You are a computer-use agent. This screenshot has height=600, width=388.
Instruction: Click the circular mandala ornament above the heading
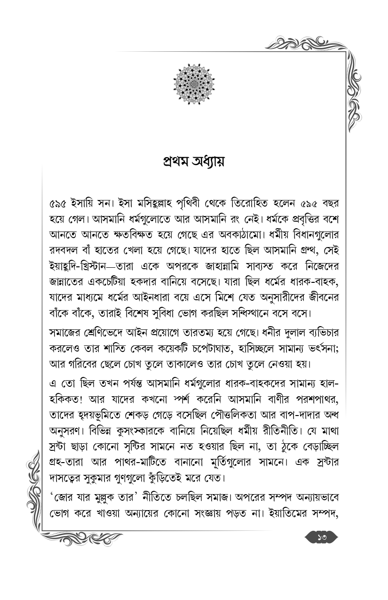pyautogui.click(x=194, y=84)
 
